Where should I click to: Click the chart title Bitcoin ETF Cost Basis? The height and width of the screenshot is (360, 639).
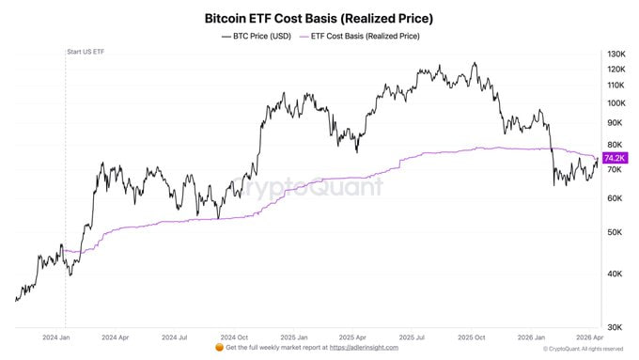tap(319, 19)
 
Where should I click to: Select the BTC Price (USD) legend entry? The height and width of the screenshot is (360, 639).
tap(257, 37)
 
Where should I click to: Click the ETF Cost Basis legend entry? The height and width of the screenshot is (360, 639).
tap(359, 37)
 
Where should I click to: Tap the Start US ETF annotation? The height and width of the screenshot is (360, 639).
tap(86, 52)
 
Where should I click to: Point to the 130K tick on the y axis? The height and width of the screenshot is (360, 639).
tap(616, 54)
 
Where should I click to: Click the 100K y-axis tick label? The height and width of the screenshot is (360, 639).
tap(616, 103)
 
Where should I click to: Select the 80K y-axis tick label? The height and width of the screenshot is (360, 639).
tap(615, 145)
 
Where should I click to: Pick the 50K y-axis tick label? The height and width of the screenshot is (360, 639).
tap(615, 232)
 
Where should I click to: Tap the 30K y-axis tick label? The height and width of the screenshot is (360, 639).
tap(615, 327)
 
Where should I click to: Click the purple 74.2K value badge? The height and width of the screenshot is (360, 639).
tap(615, 158)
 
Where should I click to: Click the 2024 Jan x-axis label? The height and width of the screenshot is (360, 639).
tap(56, 337)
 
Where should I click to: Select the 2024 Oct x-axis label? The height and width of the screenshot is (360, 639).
tap(234, 337)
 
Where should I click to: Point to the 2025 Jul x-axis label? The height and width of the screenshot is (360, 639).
tap(412, 337)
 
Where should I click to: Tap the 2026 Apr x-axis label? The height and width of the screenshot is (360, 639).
tap(590, 337)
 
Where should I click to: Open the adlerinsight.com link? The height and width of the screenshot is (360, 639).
tap(364, 348)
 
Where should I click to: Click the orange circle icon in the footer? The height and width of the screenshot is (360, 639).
tap(219, 348)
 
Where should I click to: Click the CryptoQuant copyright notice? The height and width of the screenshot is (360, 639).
tap(584, 349)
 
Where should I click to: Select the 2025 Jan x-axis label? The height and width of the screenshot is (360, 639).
tap(294, 337)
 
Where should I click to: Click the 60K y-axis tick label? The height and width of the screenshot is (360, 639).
tap(615, 198)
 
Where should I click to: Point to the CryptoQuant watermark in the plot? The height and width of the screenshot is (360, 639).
tap(307, 187)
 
